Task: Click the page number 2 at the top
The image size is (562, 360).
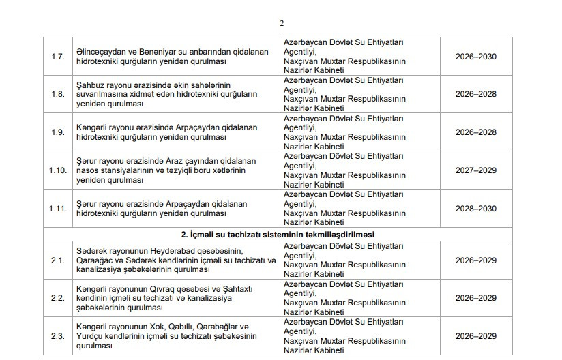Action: pyautogui.click(x=282, y=23)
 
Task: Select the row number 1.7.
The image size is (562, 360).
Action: pyautogui.click(x=58, y=56)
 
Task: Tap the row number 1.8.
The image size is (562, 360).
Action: pyautogui.click(x=58, y=94)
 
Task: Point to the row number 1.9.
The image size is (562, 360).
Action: pyautogui.click(x=58, y=132)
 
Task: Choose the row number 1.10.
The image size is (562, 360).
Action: pyautogui.click(x=58, y=170)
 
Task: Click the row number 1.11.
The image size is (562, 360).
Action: pyautogui.click(x=58, y=208)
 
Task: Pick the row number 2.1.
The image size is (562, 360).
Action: pyautogui.click(x=58, y=260)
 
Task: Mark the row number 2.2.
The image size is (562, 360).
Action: pyautogui.click(x=58, y=298)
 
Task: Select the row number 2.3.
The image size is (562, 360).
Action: pyautogui.click(x=58, y=336)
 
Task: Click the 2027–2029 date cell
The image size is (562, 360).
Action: pyautogui.click(x=476, y=170)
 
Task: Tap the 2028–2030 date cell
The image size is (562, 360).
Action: pyautogui.click(x=476, y=208)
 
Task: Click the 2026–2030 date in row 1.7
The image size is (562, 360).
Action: pyautogui.click(x=476, y=56)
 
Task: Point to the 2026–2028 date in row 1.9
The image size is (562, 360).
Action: pyautogui.click(x=476, y=132)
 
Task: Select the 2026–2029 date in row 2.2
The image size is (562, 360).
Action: pyautogui.click(x=476, y=298)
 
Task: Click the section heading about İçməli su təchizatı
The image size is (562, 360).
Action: pyautogui.click(x=281, y=234)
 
